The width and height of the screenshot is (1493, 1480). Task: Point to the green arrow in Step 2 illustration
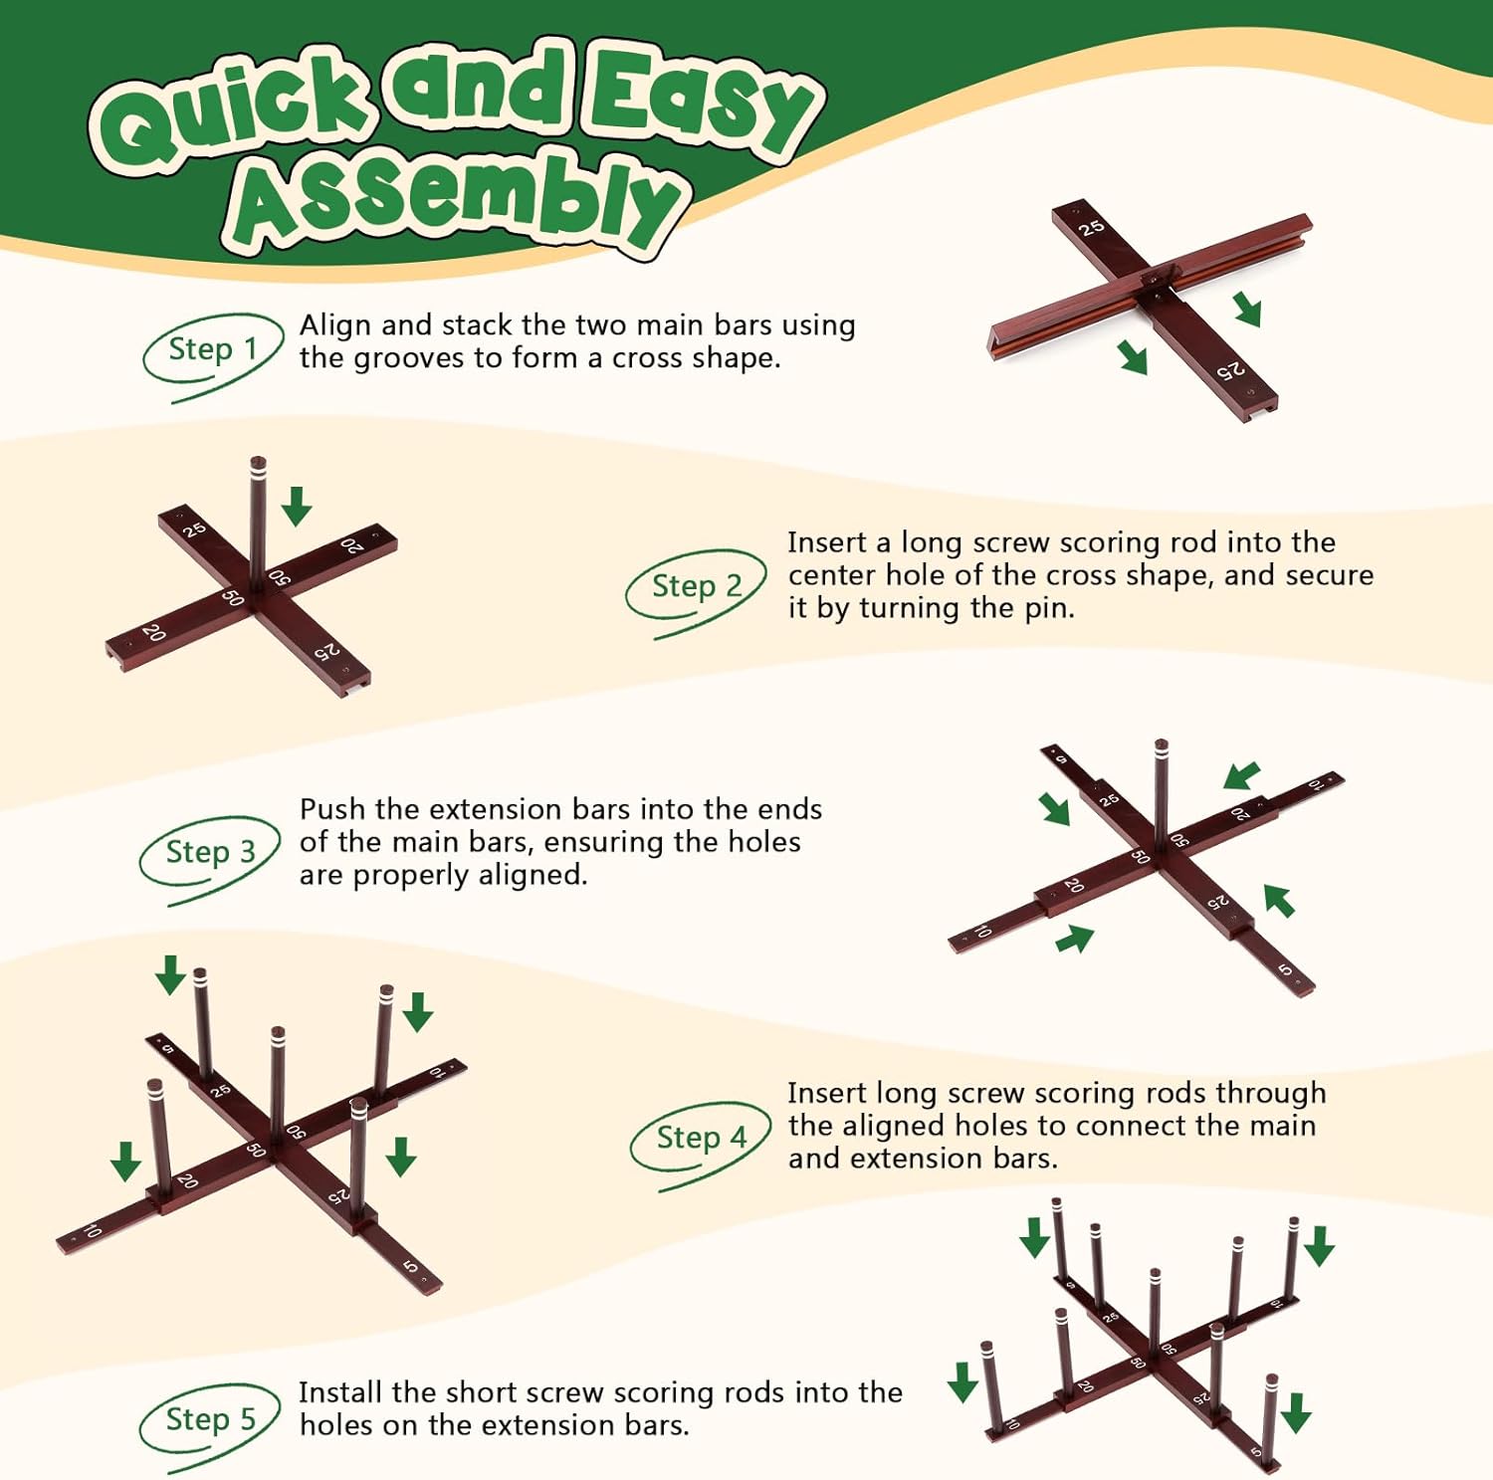(x=296, y=506)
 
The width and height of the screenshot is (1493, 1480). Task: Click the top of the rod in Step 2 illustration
(x=258, y=462)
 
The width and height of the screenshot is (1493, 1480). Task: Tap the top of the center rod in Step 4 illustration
(x=278, y=1032)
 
